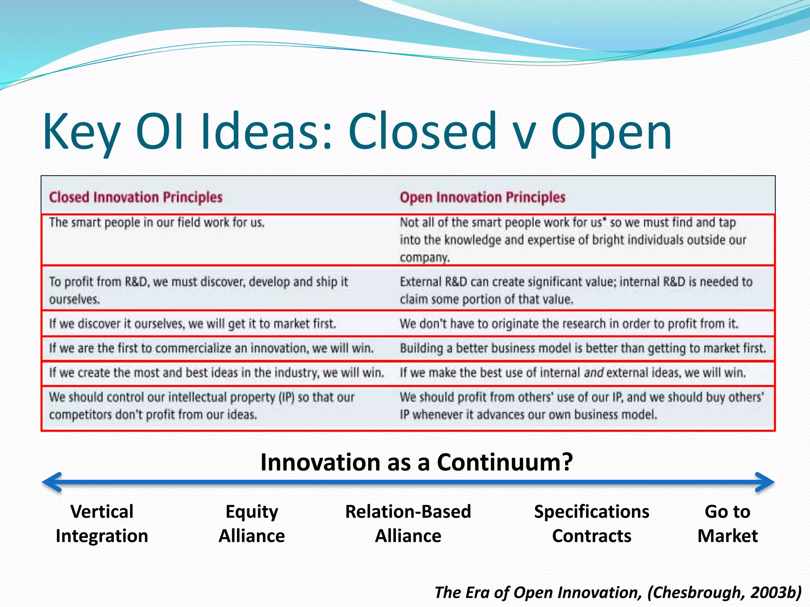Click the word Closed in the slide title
pyautogui.click(x=422, y=131)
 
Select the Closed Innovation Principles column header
pyautogui.click(x=136, y=197)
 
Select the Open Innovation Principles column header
pyautogui.click(x=482, y=197)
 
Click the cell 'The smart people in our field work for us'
pyautogui.click(x=157, y=222)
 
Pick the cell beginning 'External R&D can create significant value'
pyautogui.click(x=575, y=290)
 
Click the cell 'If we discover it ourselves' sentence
pyautogui.click(x=192, y=324)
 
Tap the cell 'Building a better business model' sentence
pyautogui.click(x=583, y=348)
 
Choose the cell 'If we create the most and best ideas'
pyautogui.click(x=216, y=373)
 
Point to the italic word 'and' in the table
pyautogui.click(x=593, y=373)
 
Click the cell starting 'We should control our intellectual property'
pyautogui.click(x=201, y=405)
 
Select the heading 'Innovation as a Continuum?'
pyautogui.click(x=416, y=462)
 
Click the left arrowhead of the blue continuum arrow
pyautogui.click(x=51, y=482)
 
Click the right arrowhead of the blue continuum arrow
pyautogui.click(x=765, y=482)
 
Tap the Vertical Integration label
pyautogui.click(x=102, y=524)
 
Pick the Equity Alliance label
pyautogui.click(x=252, y=524)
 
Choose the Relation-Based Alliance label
pyautogui.click(x=408, y=524)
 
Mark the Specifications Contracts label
pyautogui.click(x=591, y=524)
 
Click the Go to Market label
pyautogui.click(x=727, y=524)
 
